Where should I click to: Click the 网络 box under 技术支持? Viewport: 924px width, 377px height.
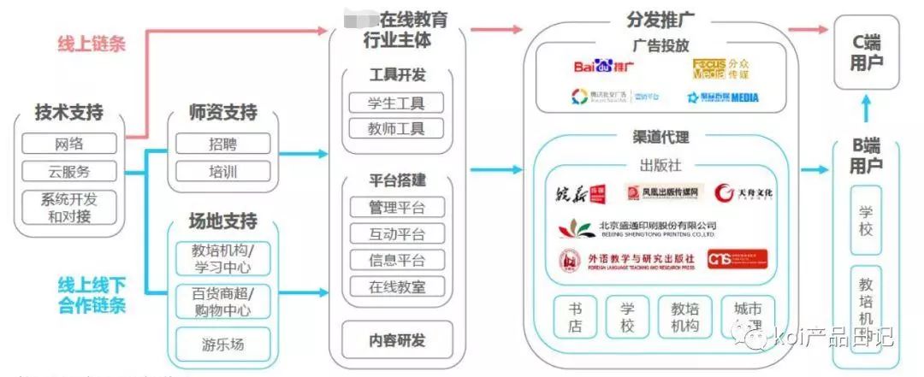69,144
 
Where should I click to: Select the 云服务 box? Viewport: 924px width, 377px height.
69,171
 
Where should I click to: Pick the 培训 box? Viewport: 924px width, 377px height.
223,171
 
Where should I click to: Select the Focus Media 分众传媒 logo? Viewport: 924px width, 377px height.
721,68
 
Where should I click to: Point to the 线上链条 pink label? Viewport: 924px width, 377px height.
92,44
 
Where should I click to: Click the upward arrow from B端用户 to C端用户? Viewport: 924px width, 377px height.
867,109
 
